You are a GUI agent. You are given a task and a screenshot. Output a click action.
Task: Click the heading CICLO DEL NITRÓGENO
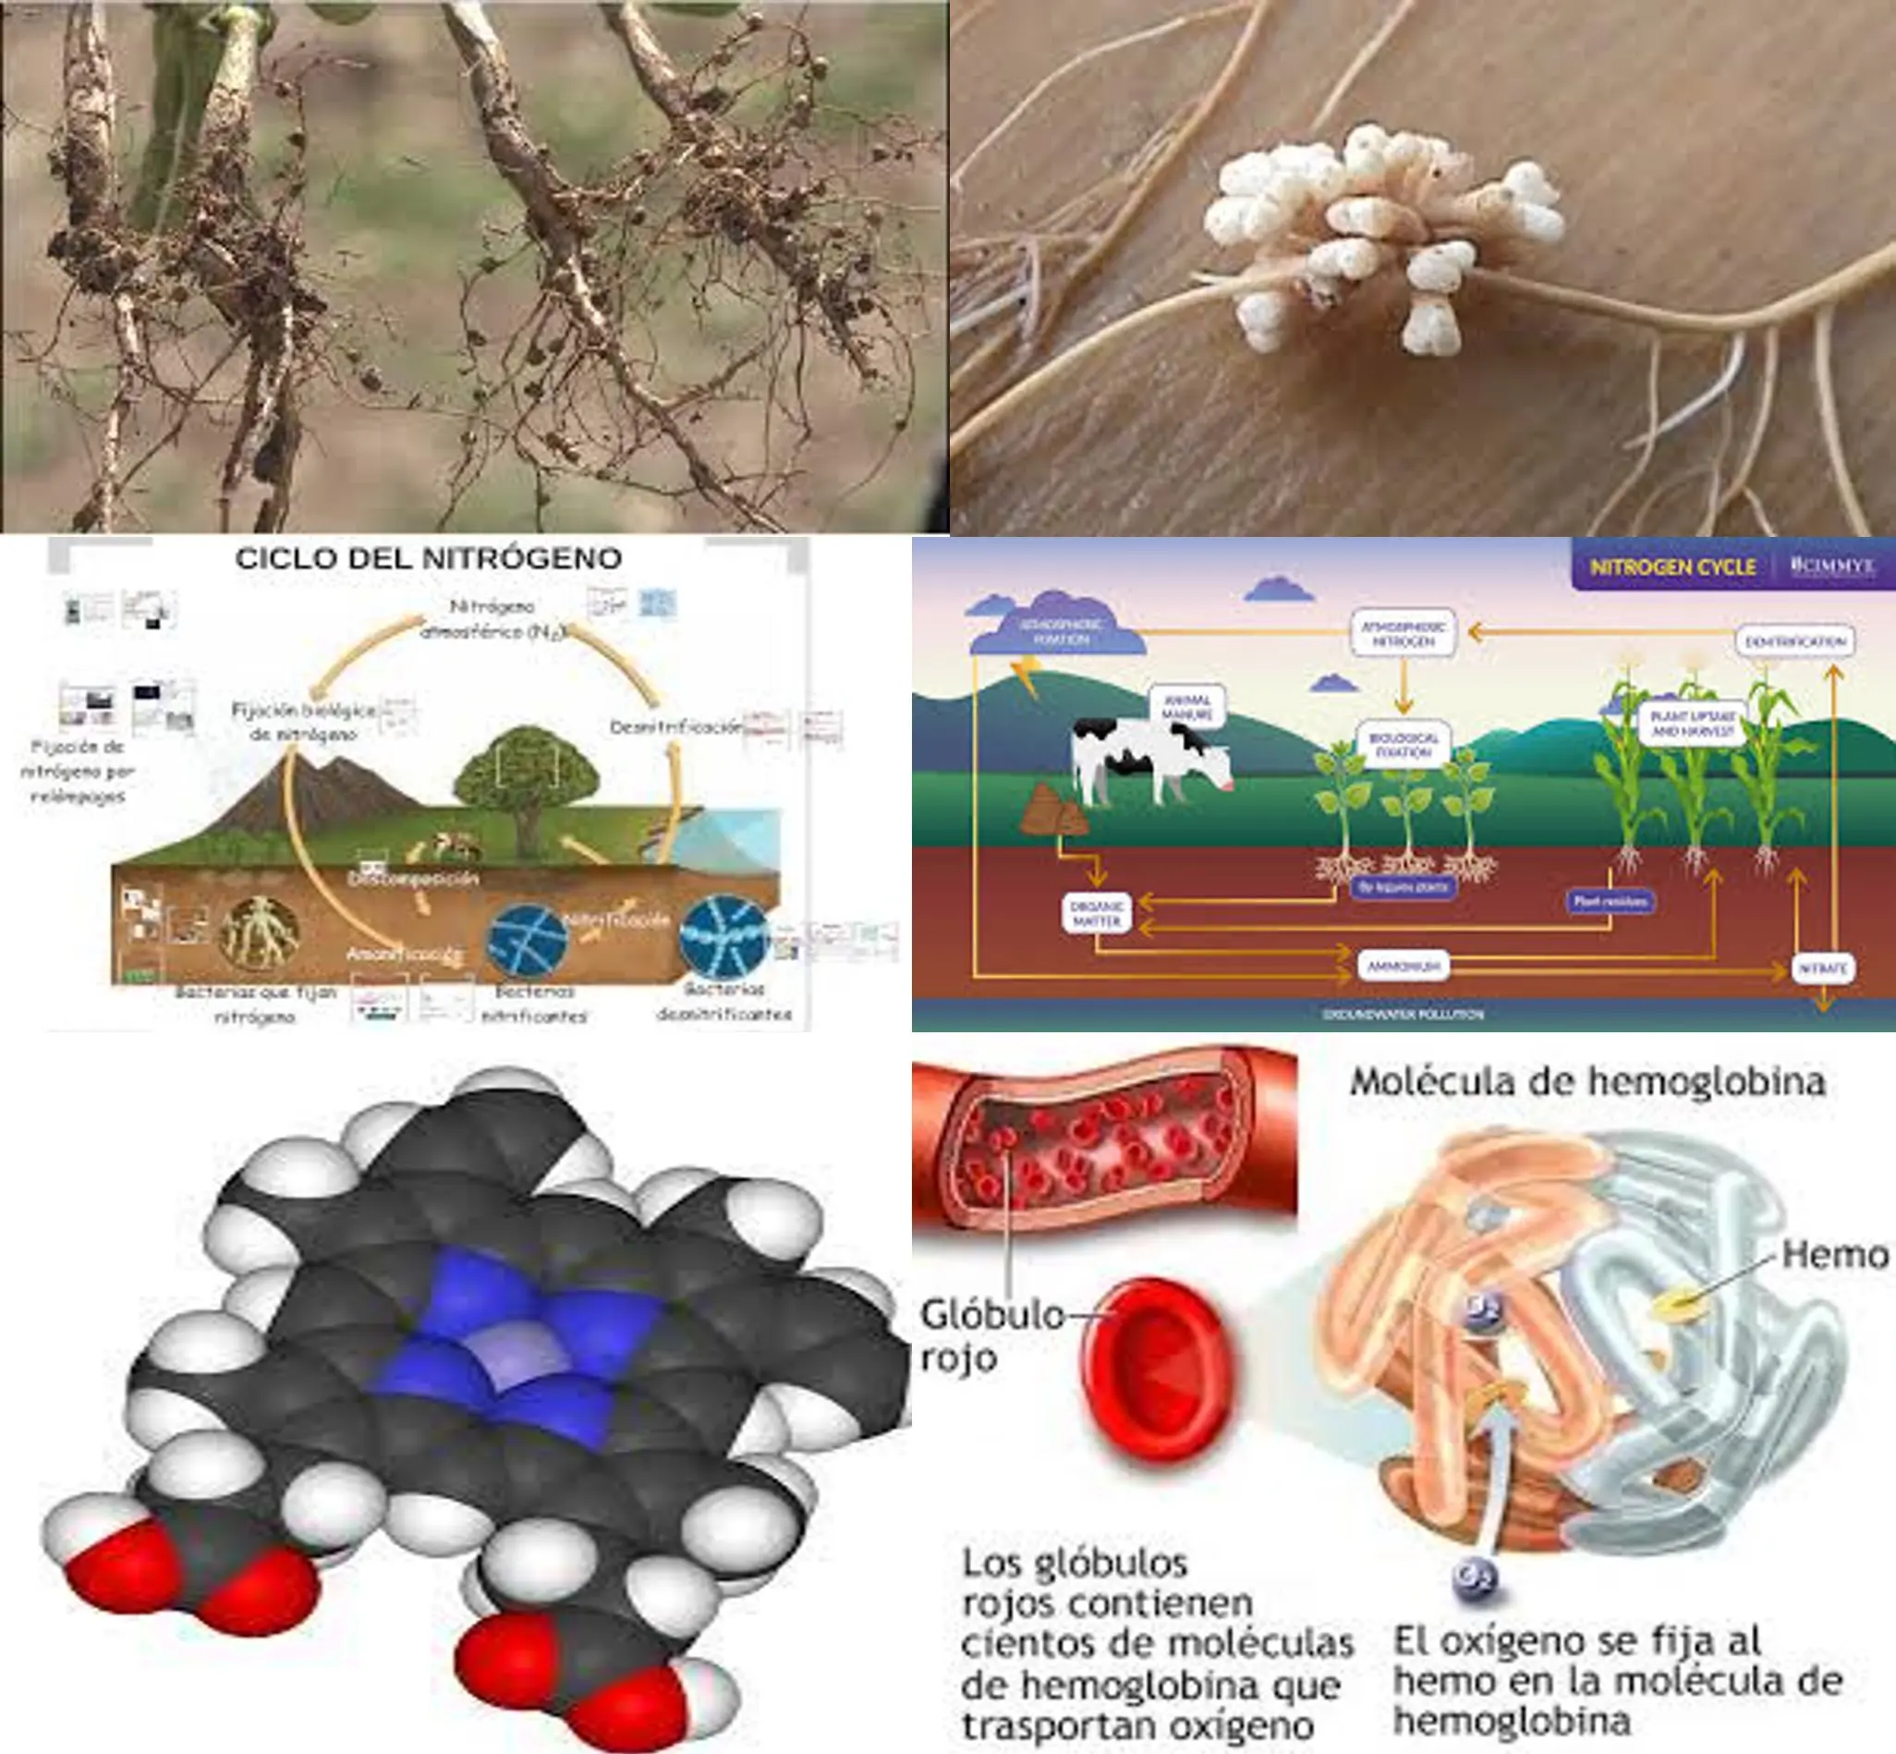point(428,558)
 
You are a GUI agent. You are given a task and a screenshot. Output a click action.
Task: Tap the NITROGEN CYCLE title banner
point(1672,566)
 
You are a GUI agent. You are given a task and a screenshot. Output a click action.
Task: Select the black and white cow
point(1149,761)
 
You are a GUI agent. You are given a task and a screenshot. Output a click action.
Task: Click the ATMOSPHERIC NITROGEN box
point(1404,633)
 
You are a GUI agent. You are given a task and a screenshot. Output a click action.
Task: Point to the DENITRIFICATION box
point(1795,641)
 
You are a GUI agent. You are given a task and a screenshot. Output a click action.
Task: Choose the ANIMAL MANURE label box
point(1186,706)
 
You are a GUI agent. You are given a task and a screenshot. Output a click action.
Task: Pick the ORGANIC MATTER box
point(1096,913)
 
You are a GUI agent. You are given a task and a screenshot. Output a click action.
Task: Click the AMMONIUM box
point(1403,967)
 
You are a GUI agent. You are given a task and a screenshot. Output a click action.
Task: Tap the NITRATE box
point(1823,968)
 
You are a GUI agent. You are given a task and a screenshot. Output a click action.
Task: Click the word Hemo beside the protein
point(1834,1255)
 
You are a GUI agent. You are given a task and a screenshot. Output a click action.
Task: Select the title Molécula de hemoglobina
point(1586,1081)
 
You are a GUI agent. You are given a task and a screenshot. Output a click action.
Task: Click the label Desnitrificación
point(675,727)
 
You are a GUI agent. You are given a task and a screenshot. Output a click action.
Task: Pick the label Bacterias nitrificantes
point(534,1004)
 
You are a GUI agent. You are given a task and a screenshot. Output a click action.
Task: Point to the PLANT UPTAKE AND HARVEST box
point(1693,725)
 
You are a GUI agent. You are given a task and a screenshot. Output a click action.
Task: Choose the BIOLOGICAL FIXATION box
point(1403,744)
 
